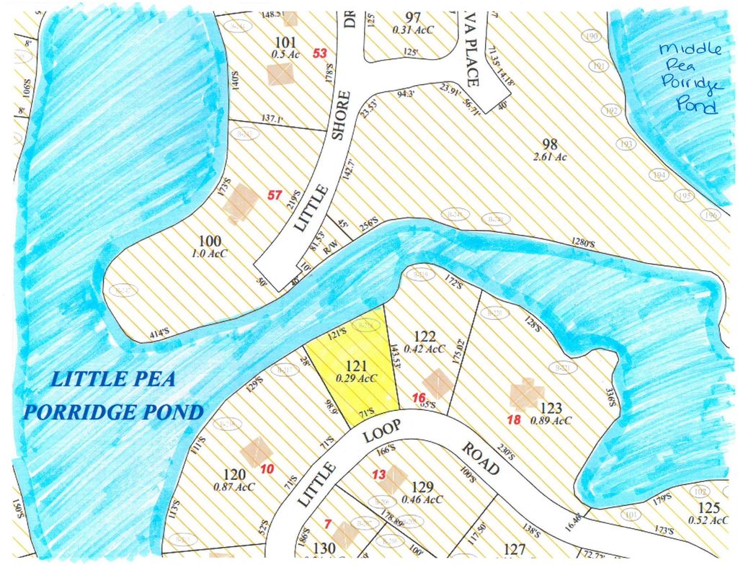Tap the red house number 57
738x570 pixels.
(x=275, y=195)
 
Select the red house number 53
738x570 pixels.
(x=320, y=53)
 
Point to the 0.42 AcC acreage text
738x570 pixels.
(x=425, y=349)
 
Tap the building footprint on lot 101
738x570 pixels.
(x=280, y=74)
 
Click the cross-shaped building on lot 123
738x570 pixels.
(x=525, y=393)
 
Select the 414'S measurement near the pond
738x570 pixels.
(x=159, y=333)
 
